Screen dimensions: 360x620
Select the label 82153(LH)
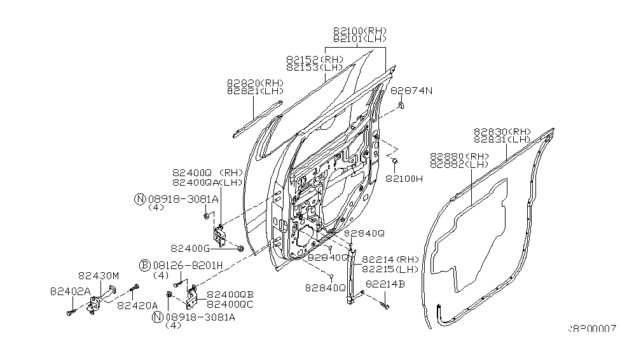click(x=314, y=67)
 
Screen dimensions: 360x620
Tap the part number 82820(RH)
click(x=255, y=83)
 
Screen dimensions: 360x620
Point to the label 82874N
click(x=411, y=91)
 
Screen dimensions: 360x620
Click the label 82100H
click(x=404, y=179)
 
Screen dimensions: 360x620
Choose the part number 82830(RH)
click(x=502, y=132)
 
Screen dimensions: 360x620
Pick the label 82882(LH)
click(x=458, y=164)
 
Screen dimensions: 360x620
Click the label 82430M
click(x=99, y=276)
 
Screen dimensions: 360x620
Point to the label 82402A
click(x=70, y=291)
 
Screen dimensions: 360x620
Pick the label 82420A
click(x=136, y=305)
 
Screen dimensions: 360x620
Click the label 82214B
click(x=385, y=284)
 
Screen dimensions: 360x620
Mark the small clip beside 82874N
click(x=401, y=105)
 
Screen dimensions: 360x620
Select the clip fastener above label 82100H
click(x=395, y=161)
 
